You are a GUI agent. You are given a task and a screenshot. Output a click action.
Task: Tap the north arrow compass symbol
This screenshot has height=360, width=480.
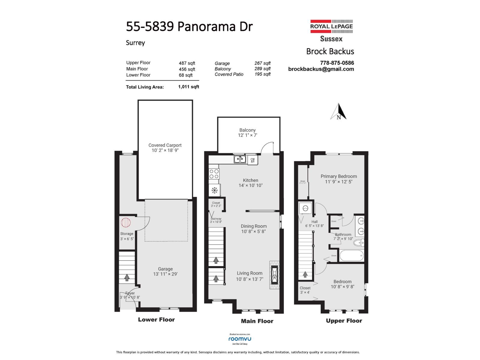coord(339,112)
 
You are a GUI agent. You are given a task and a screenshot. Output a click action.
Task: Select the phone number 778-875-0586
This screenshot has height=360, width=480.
coord(337,63)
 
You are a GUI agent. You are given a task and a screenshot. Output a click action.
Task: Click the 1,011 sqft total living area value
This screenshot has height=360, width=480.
coord(188,87)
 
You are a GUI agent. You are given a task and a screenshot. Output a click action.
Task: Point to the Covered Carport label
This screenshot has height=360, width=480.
coord(165,145)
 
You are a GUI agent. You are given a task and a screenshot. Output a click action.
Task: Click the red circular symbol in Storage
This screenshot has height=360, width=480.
coord(126,223)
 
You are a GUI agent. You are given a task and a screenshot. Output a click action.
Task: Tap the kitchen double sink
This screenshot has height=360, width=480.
coord(240,159)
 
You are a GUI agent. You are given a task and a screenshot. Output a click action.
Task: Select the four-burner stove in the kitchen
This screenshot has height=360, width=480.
coord(214,174)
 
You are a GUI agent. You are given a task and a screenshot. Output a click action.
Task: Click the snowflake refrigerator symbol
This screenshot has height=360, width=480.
coord(214,190)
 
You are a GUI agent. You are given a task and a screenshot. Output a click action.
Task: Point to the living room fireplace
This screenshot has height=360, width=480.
coord(274,274)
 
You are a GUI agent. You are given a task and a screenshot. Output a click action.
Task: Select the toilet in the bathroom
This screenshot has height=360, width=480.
coord(358,242)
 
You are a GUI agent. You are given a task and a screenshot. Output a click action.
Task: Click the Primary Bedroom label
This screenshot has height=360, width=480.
coord(339,176)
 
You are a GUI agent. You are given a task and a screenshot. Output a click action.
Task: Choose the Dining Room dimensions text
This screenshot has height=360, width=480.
coord(253,231)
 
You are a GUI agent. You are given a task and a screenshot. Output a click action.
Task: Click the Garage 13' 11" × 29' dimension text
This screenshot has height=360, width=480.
coord(165,274)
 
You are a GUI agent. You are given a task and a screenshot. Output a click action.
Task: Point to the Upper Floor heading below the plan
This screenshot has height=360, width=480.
coord(344,321)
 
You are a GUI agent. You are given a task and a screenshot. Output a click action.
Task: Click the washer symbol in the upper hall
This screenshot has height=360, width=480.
coord(305,208)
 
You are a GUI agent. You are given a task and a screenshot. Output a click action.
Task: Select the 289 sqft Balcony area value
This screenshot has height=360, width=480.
coord(262,69)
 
